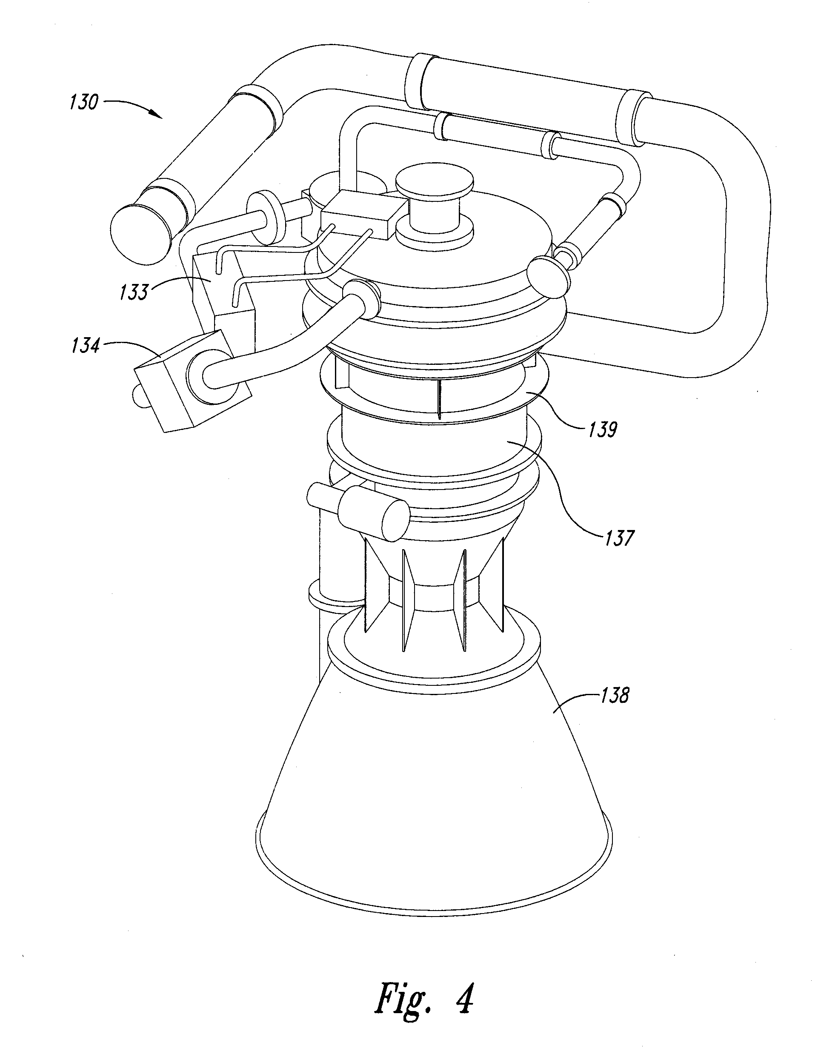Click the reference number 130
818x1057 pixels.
(x=84, y=103)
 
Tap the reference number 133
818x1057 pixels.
(x=134, y=292)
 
